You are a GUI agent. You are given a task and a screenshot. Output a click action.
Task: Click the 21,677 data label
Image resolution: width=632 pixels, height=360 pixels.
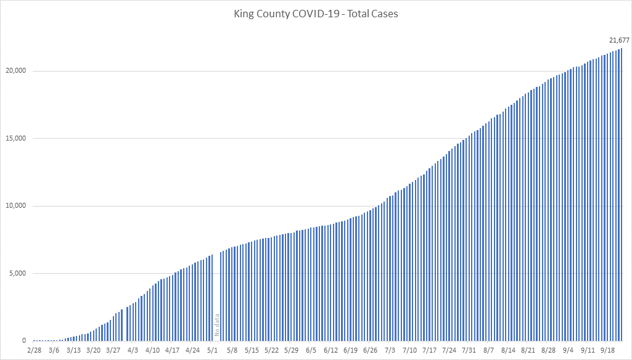pyautogui.click(x=618, y=40)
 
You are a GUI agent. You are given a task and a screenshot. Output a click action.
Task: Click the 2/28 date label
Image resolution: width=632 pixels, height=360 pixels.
pyautogui.click(x=34, y=350)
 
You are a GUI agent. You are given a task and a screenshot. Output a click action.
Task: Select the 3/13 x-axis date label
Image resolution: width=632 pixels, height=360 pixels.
pyautogui.click(x=73, y=350)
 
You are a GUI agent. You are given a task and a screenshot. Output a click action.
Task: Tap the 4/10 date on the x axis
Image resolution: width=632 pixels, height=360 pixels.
pyautogui.click(x=152, y=350)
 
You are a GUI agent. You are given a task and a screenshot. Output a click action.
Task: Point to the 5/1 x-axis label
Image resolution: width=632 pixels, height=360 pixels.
pyautogui.click(x=212, y=350)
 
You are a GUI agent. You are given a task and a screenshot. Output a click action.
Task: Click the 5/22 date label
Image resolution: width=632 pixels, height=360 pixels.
pyautogui.click(x=271, y=350)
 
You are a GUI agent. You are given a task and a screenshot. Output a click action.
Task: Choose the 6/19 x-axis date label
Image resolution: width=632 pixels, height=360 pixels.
pyautogui.click(x=350, y=350)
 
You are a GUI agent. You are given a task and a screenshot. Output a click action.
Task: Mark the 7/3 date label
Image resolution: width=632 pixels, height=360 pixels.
pyautogui.click(x=390, y=350)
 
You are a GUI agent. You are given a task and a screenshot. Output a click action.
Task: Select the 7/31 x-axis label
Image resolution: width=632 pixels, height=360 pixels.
pyautogui.click(x=469, y=350)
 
